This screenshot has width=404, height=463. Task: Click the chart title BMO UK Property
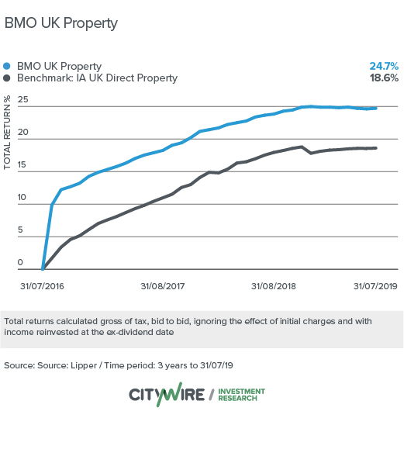tap(61, 23)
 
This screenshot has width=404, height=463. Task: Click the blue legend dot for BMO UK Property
tap(8, 66)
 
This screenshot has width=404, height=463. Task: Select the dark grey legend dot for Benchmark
tap(8, 78)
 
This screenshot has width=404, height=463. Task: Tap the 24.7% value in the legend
tap(385, 66)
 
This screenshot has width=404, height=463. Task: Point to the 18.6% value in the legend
tap(385, 78)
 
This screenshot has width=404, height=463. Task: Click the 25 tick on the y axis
tap(23, 100)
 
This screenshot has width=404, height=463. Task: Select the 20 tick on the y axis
tap(23, 133)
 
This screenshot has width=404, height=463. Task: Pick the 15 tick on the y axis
tap(23, 165)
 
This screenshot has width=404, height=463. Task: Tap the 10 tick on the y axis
tap(23, 198)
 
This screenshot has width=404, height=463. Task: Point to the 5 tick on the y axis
tap(26, 230)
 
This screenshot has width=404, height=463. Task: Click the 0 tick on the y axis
tap(26, 263)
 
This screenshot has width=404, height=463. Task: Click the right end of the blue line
tap(376, 108)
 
